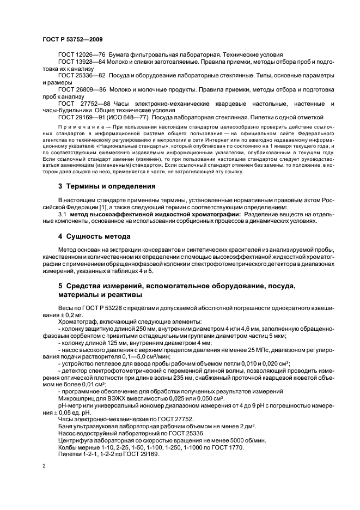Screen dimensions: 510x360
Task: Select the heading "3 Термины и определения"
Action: coord(107,186)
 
